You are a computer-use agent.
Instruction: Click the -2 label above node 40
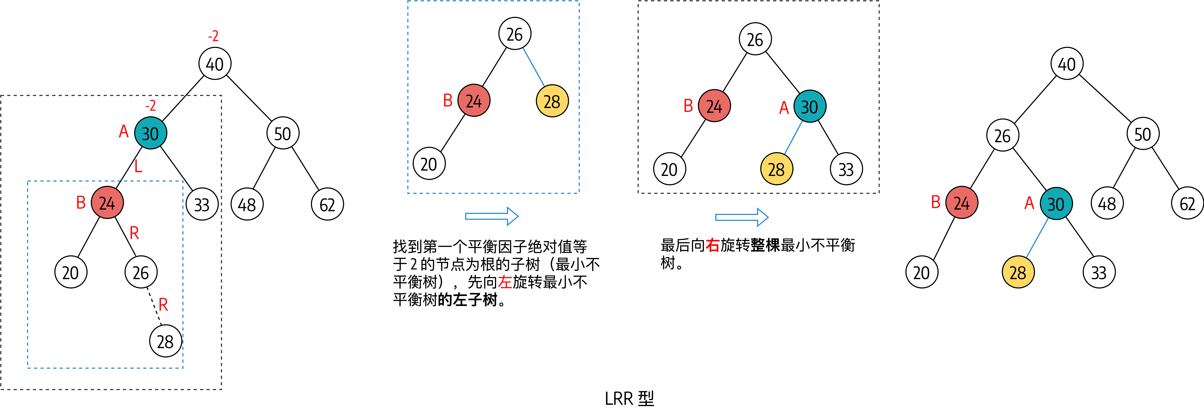pos(213,36)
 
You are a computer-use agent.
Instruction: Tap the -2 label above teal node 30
pos(150,105)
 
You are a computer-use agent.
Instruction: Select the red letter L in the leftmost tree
pos(138,166)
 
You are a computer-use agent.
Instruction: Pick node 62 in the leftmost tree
pos(327,204)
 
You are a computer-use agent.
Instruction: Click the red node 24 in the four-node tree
pos(473,101)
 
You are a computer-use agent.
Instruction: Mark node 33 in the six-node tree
pos(846,169)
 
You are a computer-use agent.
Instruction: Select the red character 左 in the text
pos(505,282)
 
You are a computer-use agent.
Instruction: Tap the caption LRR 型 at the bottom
pos(629,398)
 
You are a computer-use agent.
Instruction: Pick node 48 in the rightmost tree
pos(1107,204)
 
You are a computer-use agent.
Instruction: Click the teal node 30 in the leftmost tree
pos(150,134)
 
